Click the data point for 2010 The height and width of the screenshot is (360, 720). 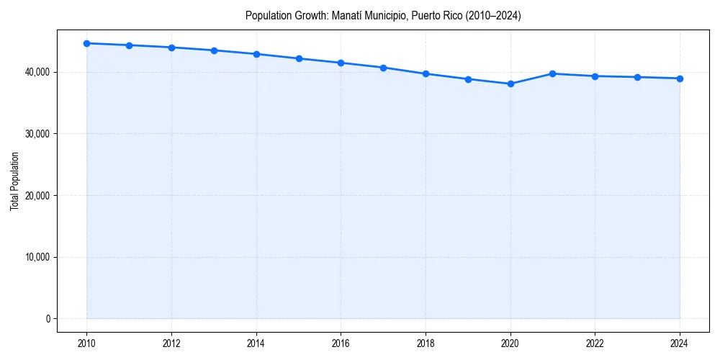(x=87, y=43)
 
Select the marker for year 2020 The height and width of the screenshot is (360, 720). (x=510, y=84)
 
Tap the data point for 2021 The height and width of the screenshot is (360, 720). (x=553, y=73)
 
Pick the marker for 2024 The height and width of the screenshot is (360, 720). (x=680, y=78)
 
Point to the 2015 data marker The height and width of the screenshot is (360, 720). (x=299, y=58)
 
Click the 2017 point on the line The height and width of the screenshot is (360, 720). (x=383, y=68)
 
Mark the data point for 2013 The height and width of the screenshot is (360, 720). (x=214, y=50)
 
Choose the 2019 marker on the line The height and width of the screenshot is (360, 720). (x=468, y=79)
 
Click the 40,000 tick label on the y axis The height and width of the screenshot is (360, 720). (x=35, y=72)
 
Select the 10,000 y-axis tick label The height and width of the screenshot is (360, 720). (x=35, y=257)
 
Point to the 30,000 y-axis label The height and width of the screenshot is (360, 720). (x=35, y=134)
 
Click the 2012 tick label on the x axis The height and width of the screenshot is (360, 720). (x=171, y=343)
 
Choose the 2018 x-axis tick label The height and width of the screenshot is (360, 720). (x=426, y=343)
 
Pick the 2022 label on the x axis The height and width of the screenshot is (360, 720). (x=595, y=343)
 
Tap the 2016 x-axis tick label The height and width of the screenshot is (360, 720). (x=341, y=343)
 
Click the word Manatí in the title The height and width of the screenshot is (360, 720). (x=346, y=15)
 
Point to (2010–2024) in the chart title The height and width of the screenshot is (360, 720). (x=491, y=15)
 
